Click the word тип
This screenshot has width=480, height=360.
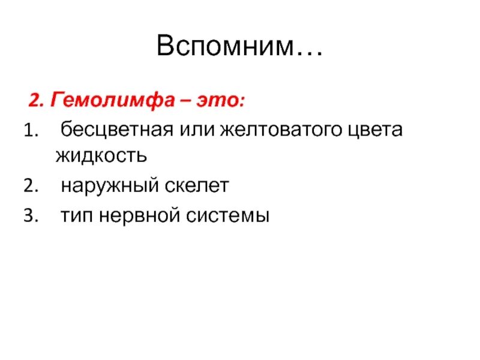coord(76,215)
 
